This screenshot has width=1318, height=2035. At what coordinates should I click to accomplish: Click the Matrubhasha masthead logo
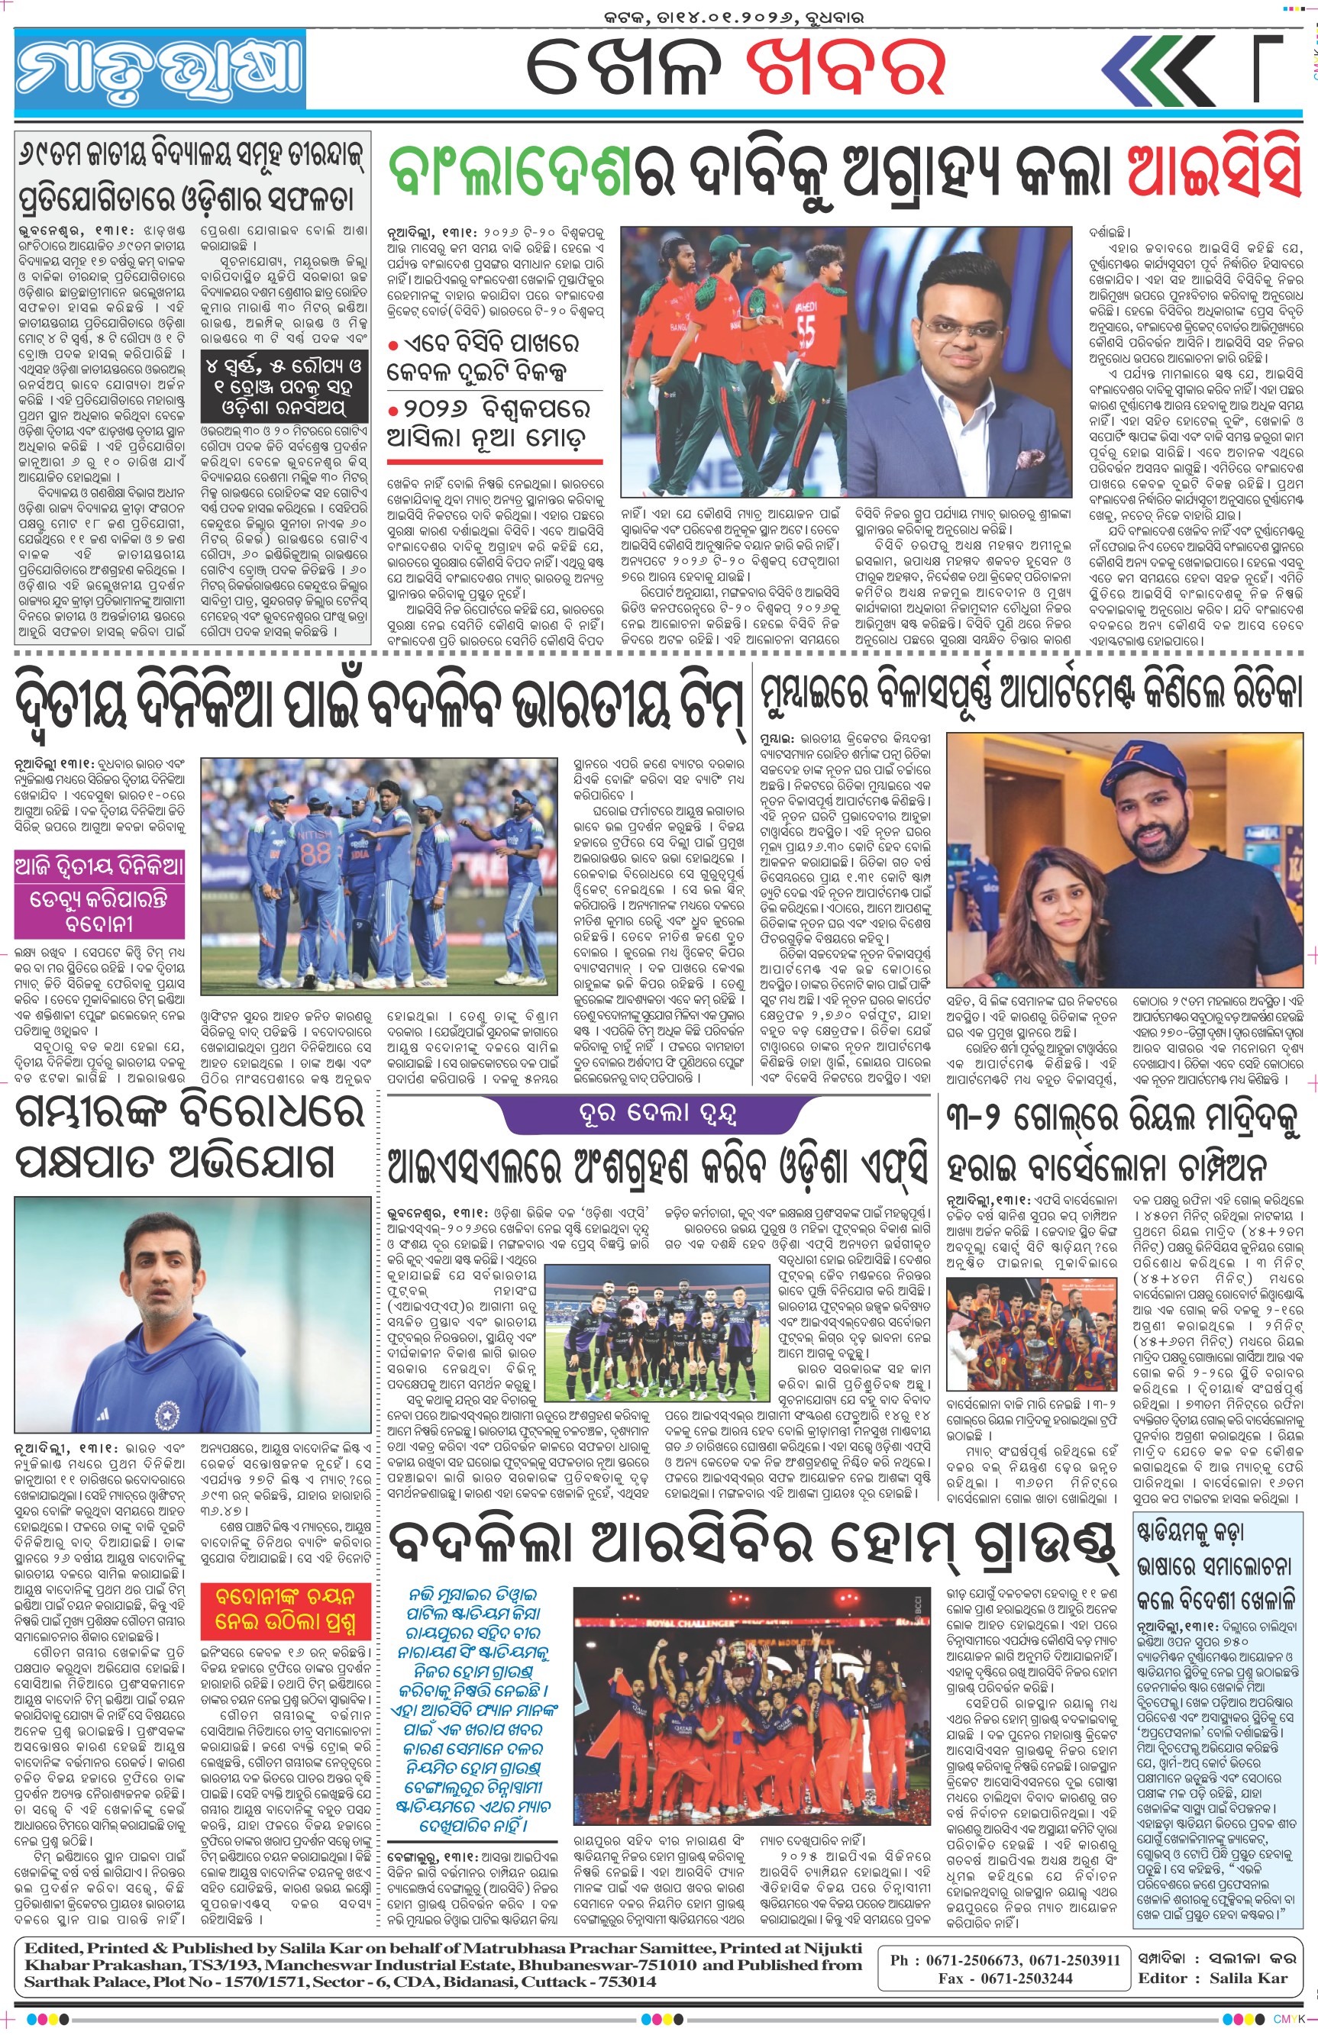click(160, 69)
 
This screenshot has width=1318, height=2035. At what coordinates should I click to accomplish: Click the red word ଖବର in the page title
click(844, 66)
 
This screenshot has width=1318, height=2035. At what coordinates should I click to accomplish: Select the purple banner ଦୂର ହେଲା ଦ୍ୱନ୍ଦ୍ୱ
click(657, 1113)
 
